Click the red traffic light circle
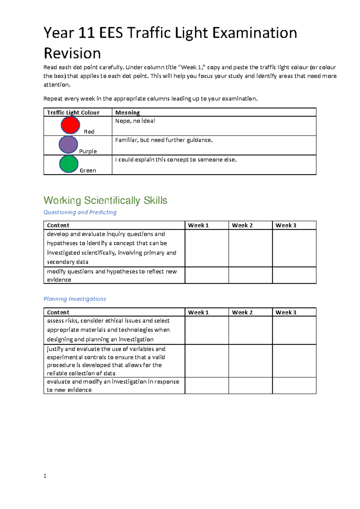pyautogui.click(x=70, y=125)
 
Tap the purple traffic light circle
pyautogui.click(x=68, y=145)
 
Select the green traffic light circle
pyautogui.click(x=69, y=164)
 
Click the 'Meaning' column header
pyautogui.click(x=127, y=113)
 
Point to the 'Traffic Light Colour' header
pyautogui.click(x=73, y=113)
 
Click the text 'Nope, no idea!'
pyautogui.click(x=135, y=121)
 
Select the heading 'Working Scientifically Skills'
pyautogui.click(x=105, y=200)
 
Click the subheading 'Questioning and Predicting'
pyautogui.click(x=80, y=212)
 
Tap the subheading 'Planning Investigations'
pyautogui.click(x=75, y=299)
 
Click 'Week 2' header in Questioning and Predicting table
pyautogui.click(x=242, y=225)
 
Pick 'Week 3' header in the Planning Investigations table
pyautogui.click(x=286, y=312)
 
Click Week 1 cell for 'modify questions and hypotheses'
pyautogui.click(x=207, y=275)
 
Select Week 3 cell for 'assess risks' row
pyautogui.click(x=294, y=330)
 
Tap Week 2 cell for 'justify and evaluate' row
pyautogui.click(x=250, y=361)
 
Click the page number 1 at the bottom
pyautogui.click(x=45, y=476)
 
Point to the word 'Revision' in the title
pyautogui.click(x=72, y=53)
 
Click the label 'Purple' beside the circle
pyautogui.click(x=88, y=151)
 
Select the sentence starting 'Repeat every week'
pyautogui.click(x=150, y=99)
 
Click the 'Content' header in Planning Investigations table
pyautogui.click(x=58, y=312)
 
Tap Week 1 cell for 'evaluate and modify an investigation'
pyautogui.click(x=207, y=386)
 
